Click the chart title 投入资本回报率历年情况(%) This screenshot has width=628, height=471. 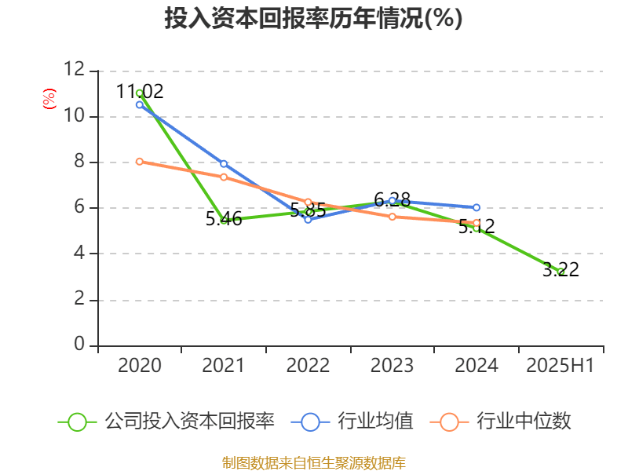point(313,19)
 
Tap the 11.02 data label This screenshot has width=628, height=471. point(140,91)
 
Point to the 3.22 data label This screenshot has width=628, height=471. point(560,270)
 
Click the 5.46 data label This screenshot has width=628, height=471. point(224,220)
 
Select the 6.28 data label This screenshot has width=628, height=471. point(392,199)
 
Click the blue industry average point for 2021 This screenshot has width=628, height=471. point(224,164)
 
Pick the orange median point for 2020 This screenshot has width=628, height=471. point(140,162)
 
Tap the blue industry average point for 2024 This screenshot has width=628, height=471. point(476,208)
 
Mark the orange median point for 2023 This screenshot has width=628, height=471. point(392,217)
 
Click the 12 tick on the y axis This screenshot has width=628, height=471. point(75,70)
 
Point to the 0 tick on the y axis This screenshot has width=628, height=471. point(79,345)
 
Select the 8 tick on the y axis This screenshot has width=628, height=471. point(79,162)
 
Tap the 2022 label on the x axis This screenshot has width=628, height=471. point(308,366)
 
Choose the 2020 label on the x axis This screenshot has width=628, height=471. point(140,366)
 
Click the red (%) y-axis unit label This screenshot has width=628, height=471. point(49,98)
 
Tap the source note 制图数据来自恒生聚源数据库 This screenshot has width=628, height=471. point(314,462)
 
